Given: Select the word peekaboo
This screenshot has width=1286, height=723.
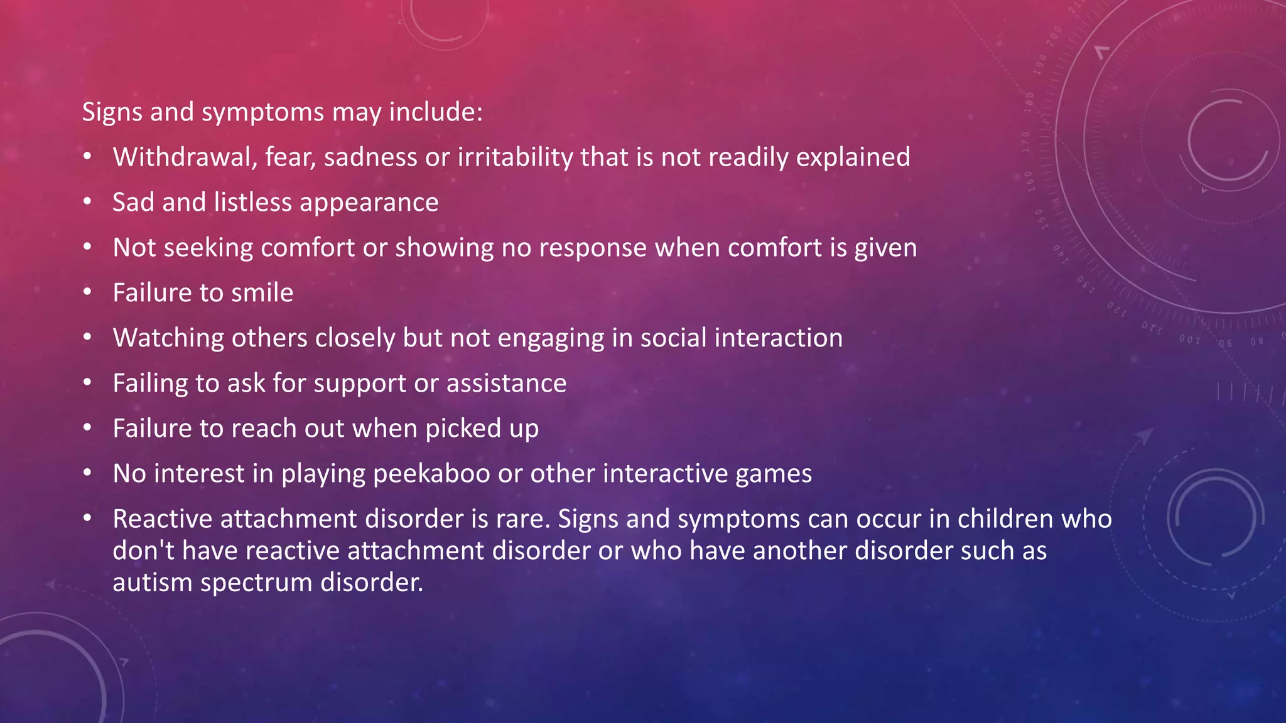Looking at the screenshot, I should pos(431,474).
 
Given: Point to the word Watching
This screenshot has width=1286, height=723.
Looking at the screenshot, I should pos(168,338).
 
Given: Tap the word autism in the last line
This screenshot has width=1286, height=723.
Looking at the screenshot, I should pos(153,582).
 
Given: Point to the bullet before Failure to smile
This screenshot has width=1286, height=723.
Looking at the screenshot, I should pos(87,292).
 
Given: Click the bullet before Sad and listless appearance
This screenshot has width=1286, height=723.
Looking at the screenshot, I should pos(87,202).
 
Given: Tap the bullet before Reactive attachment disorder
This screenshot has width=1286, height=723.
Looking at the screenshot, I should pos(87,519).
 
